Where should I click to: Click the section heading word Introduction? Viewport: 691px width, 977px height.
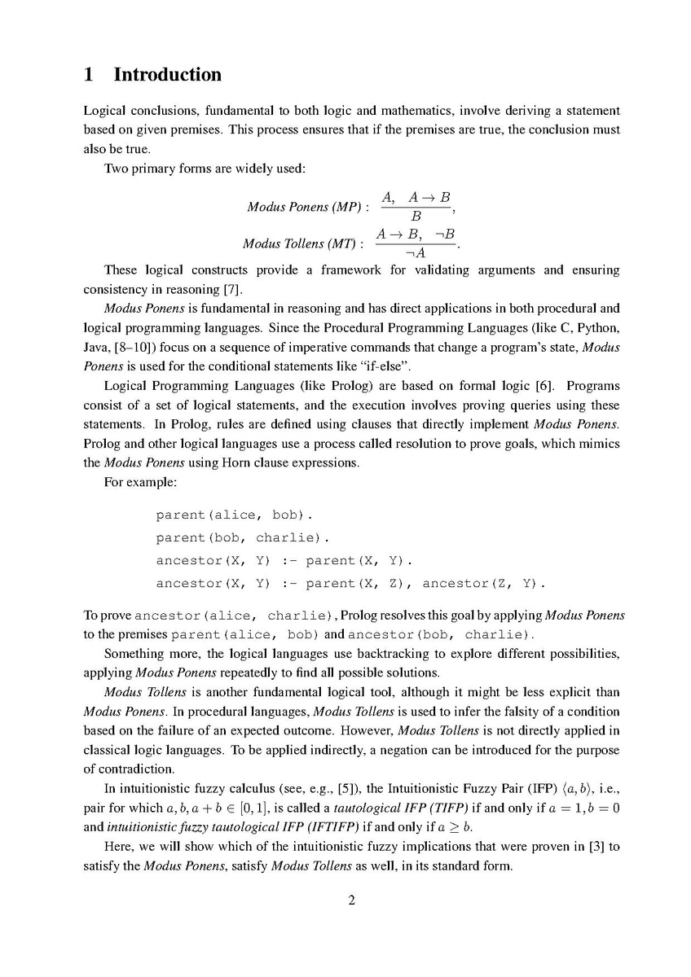coord(167,75)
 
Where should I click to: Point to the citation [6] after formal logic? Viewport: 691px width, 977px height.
coord(544,386)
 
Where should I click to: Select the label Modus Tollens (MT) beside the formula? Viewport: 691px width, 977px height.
coord(302,244)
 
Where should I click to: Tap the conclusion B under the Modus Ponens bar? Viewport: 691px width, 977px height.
coord(416,217)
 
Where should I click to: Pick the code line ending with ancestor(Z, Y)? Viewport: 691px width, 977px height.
coord(350,584)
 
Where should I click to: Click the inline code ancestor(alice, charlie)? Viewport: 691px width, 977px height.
coord(234,615)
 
